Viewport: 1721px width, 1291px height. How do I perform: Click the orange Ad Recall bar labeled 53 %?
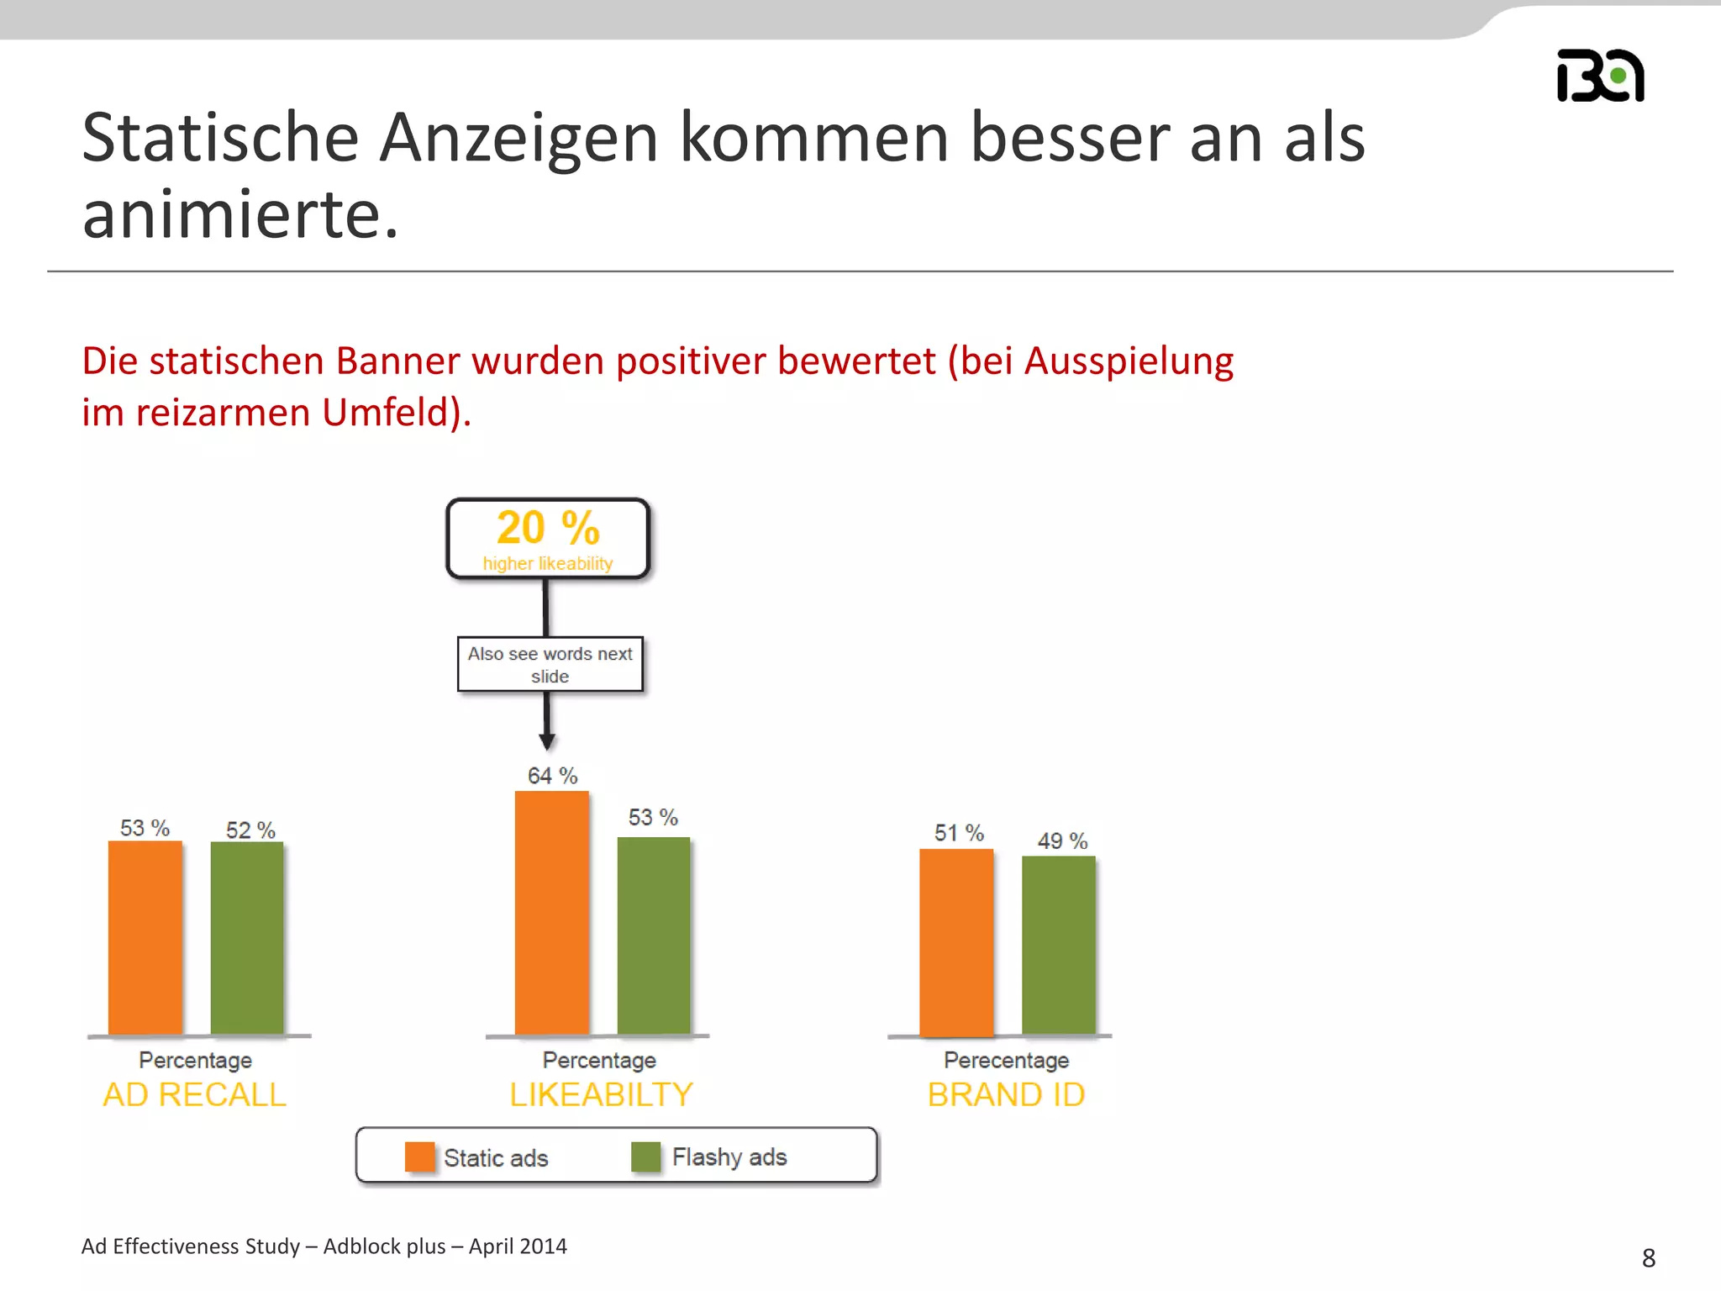pos(145,937)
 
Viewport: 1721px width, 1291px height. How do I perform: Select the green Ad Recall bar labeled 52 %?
pos(247,938)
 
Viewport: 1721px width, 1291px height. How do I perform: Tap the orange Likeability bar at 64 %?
pos(552,913)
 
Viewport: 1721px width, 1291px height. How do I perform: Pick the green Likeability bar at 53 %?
pos(654,935)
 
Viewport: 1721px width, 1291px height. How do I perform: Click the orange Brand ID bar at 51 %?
pos(956,942)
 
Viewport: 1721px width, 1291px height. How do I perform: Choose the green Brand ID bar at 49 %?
pos(1059,946)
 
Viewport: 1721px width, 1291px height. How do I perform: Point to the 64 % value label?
pos(552,776)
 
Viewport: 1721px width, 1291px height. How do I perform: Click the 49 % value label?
pos(1062,840)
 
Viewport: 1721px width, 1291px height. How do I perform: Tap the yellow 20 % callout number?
pos(548,528)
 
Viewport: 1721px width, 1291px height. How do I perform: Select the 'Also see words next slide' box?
pos(550,665)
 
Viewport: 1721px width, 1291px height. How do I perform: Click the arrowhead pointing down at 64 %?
pos(547,741)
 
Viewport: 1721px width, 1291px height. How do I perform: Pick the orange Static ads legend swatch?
pos(420,1157)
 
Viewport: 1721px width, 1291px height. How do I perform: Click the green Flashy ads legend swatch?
pos(646,1157)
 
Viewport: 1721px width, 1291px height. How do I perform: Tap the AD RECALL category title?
pos(195,1094)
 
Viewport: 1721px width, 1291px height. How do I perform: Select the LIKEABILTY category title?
pos(602,1094)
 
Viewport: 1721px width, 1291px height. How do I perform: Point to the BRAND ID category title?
pos(1007,1094)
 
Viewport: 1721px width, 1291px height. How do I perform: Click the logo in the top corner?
pos(1601,76)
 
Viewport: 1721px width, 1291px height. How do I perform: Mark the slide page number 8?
pos(1649,1258)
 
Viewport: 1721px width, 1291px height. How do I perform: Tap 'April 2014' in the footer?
pos(518,1246)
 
